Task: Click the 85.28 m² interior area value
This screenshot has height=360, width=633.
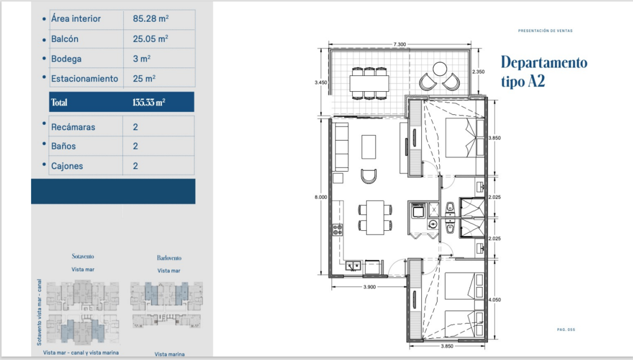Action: click(x=151, y=18)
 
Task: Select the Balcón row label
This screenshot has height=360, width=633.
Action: click(x=65, y=39)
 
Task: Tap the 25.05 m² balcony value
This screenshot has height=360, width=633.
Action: click(x=150, y=38)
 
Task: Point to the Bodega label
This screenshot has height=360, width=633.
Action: click(x=66, y=59)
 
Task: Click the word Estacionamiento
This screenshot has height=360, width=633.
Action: click(x=84, y=79)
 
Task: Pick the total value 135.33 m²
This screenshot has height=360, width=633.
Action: click(x=149, y=102)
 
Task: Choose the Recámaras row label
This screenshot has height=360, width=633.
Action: click(x=73, y=127)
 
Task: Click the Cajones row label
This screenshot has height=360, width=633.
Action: click(x=67, y=166)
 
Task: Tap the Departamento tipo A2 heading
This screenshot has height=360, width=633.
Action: click(x=544, y=72)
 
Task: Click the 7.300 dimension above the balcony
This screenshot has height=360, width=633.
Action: click(x=400, y=44)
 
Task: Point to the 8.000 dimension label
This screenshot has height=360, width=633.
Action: click(x=321, y=197)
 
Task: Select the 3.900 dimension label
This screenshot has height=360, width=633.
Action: click(x=369, y=287)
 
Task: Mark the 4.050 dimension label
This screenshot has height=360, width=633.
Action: click(x=495, y=299)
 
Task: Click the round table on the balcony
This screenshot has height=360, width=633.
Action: click(x=440, y=69)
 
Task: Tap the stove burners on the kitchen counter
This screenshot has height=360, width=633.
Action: click(x=338, y=230)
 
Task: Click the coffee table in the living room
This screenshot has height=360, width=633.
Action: click(x=369, y=147)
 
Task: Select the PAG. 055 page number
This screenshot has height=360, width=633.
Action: click(x=566, y=329)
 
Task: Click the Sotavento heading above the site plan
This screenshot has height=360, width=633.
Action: click(x=83, y=256)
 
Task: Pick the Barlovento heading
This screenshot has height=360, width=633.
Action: click(x=169, y=258)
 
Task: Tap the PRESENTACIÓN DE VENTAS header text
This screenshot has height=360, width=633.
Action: click(x=545, y=31)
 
